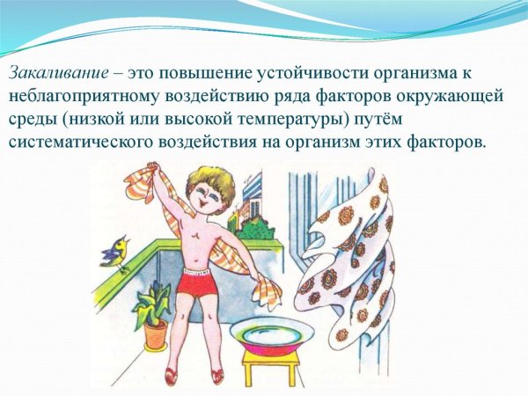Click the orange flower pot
coord(155,334)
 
